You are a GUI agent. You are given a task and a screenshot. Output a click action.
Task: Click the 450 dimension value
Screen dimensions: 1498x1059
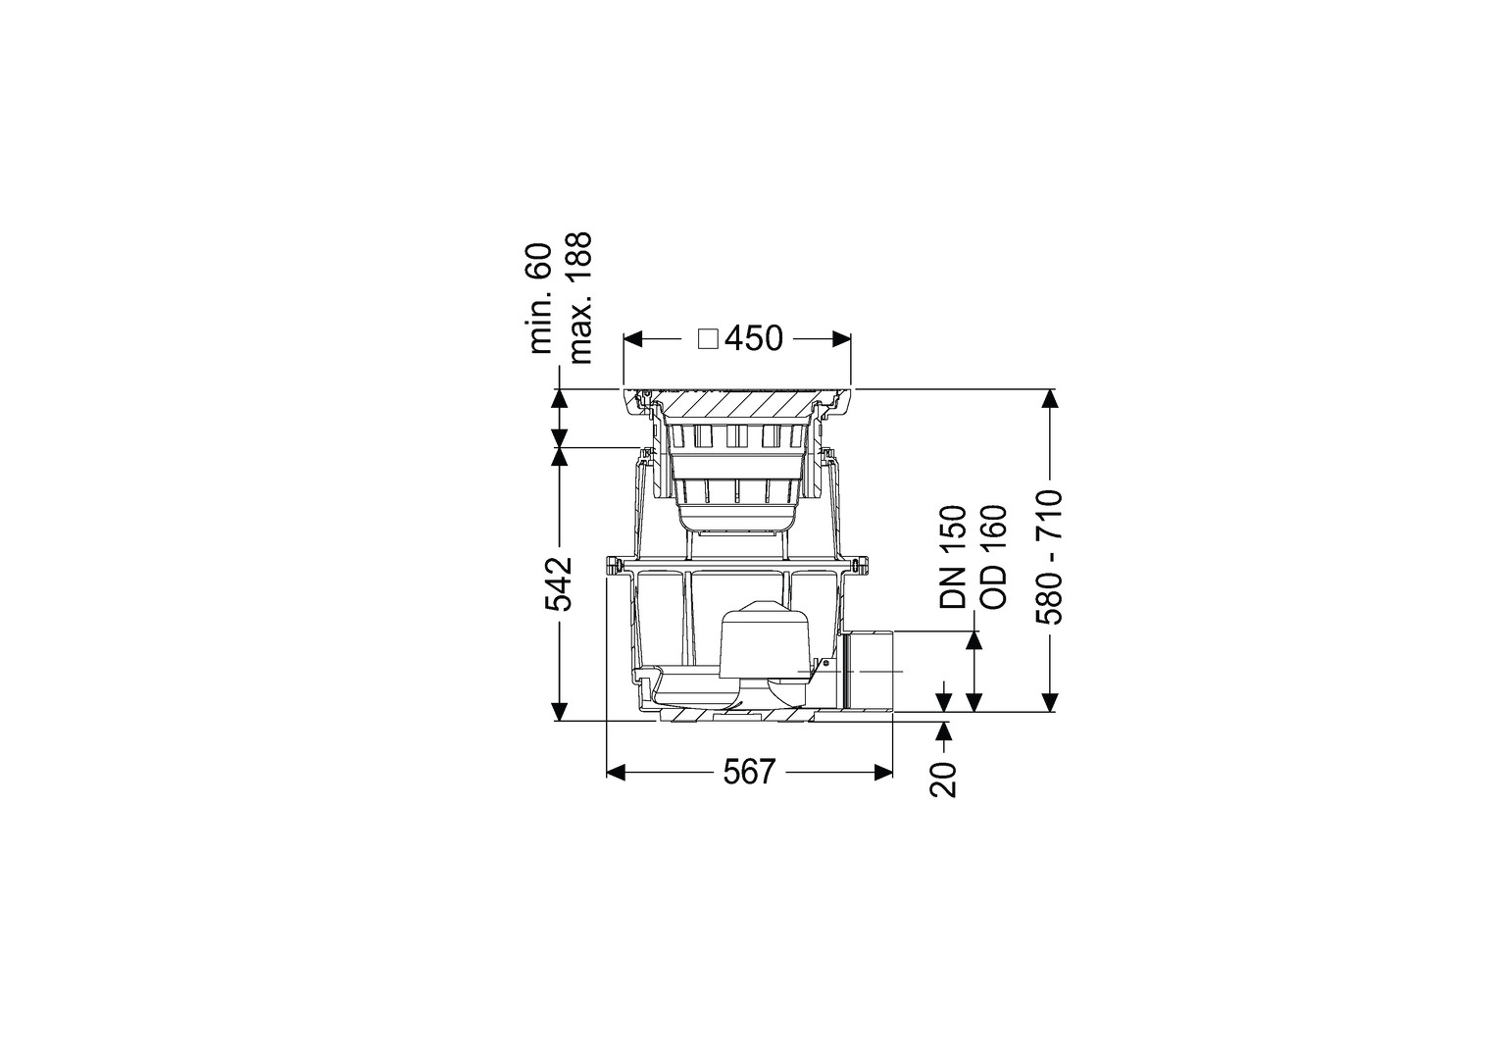tap(754, 339)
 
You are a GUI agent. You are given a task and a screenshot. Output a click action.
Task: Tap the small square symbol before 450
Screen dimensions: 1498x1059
tap(708, 340)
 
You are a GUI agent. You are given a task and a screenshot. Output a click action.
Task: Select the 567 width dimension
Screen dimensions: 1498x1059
tap(749, 774)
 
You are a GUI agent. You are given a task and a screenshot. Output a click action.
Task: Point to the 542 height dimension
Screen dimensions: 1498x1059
tap(559, 583)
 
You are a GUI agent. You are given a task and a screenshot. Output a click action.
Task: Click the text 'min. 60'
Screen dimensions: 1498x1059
tap(540, 298)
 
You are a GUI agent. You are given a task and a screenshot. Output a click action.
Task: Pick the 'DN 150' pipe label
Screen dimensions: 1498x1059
tap(953, 557)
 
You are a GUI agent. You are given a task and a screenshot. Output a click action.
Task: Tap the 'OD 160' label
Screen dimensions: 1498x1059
tap(992, 557)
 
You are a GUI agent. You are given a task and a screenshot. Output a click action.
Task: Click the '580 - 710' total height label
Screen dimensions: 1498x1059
tap(1049, 557)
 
